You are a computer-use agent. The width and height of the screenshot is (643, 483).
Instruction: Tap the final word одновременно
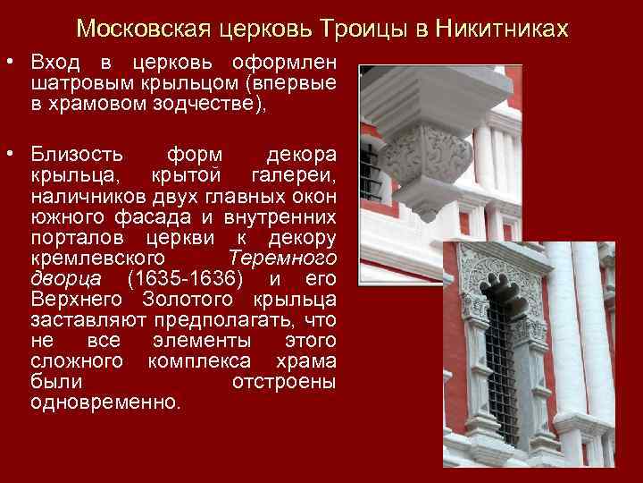click(x=104, y=401)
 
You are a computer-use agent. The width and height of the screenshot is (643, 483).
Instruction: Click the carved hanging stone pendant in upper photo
click(x=427, y=157)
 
